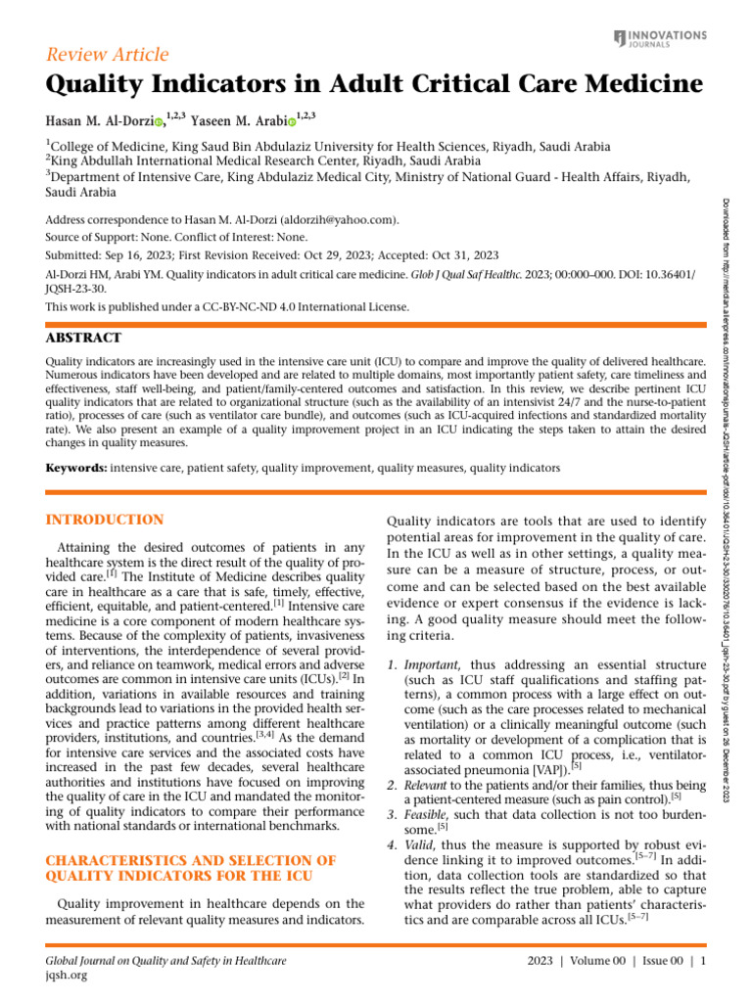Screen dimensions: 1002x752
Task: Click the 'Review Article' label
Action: (108, 54)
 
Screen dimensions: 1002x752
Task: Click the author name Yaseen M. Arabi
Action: (238, 120)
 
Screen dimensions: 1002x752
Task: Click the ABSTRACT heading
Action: (84, 338)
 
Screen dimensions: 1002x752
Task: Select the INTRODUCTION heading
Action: (105, 519)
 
